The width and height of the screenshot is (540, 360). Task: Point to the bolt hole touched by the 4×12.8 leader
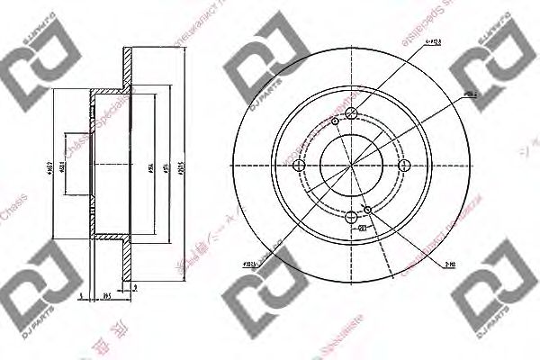[351, 112]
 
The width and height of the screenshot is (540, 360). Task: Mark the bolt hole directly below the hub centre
[351, 215]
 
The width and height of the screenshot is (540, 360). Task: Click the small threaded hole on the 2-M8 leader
[367, 210]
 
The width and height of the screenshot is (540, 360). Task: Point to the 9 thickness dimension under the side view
[134, 287]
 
